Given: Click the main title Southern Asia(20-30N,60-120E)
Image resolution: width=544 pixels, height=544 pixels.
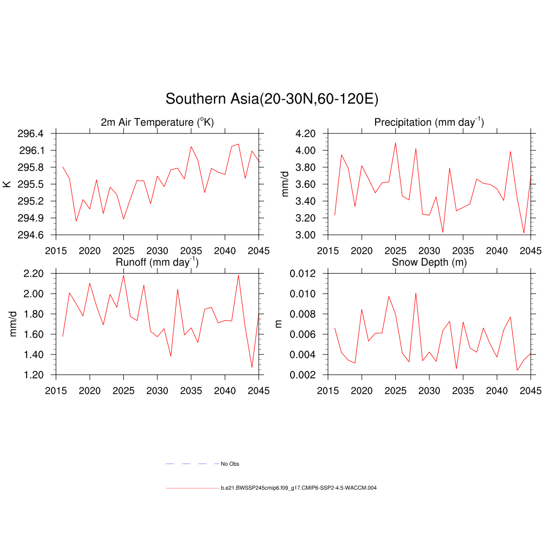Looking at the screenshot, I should tap(271, 99).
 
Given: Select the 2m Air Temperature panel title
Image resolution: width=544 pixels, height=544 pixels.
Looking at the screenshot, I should tap(157, 123).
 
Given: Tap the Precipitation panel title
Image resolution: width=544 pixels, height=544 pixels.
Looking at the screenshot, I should tap(429, 123).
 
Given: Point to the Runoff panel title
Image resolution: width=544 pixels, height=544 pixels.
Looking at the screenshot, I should tap(157, 262).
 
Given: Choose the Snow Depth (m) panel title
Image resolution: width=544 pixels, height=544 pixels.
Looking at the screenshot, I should tap(429, 262).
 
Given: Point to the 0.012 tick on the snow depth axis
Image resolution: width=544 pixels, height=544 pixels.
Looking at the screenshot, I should tap(302, 274).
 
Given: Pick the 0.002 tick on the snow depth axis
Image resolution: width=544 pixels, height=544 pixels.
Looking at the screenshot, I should tap(302, 375).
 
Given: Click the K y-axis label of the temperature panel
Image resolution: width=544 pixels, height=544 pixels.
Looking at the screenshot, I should tap(7, 184).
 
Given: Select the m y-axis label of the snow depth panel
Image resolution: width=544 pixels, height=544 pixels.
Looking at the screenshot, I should tap(279, 324).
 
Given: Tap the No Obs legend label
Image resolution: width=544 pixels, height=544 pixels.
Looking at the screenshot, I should tap(230, 464).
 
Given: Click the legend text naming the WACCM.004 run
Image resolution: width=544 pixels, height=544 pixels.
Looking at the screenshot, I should tap(299, 488).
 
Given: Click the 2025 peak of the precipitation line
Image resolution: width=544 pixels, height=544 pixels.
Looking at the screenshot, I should tap(395, 142).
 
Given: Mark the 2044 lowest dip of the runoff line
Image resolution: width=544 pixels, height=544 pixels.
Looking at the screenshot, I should tap(252, 368).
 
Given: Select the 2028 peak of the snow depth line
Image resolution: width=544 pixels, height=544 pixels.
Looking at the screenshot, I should tap(415, 293).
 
